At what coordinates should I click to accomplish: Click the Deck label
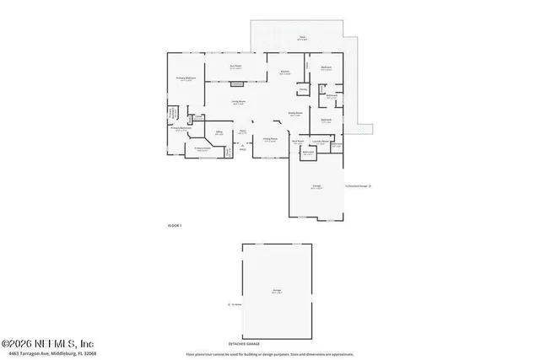301,38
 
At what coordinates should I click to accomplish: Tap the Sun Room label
238,67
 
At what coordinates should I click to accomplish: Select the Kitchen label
285,72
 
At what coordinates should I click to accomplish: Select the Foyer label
241,132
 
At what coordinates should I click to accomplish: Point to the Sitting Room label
270,140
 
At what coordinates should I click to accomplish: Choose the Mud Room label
298,141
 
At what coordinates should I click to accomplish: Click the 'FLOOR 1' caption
175,225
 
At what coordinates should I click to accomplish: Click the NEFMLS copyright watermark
48,343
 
